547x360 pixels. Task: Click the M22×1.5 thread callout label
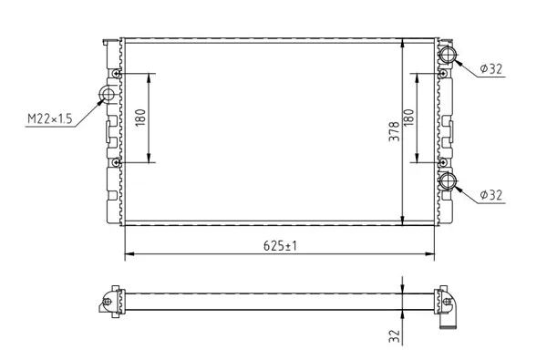pyautogui.click(x=50, y=119)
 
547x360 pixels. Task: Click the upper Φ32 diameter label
pyautogui.click(x=490, y=68)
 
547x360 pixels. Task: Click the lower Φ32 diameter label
pyautogui.click(x=490, y=195)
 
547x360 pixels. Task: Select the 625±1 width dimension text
pyautogui.click(x=280, y=246)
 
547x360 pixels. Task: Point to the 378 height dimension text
pyautogui.click(x=394, y=131)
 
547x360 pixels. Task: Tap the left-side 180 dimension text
pyautogui.click(x=140, y=118)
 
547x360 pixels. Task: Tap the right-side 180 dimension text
pyautogui.click(x=408, y=118)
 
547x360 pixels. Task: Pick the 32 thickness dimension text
pyautogui.click(x=394, y=336)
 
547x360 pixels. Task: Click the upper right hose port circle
pyautogui.click(x=448, y=55)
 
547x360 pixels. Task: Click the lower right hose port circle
pyautogui.click(x=448, y=181)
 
